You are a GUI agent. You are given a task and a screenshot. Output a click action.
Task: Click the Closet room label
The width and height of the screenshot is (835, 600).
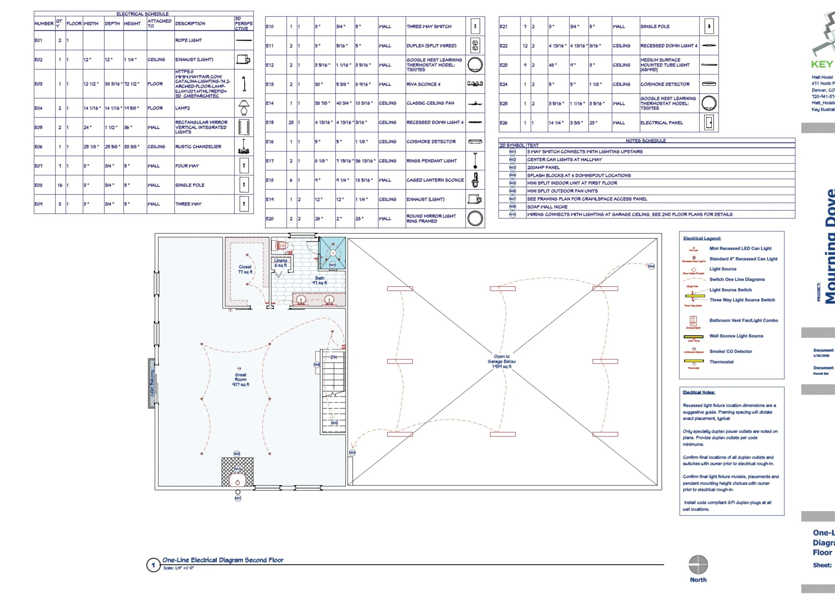pyautogui.click(x=245, y=269)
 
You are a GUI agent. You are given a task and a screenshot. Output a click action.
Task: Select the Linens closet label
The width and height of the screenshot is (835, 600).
pyautogui.click(x=281, y=263)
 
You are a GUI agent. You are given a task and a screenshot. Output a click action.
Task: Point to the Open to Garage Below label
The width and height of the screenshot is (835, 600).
pyautogui.click(x=502, y=362)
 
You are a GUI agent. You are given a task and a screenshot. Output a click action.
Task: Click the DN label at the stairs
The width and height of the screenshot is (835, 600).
pyautogui.click(x=334, y=357)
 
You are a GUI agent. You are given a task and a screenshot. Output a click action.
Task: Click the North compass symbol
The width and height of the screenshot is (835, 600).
pyautogui.click(x=698, y=565)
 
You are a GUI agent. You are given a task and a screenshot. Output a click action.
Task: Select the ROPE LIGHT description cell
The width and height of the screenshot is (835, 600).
pyautogui.click(x=188, y=40)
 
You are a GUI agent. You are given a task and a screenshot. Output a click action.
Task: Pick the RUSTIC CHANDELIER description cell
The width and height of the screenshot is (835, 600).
pyautogui.click(x=198, y=147)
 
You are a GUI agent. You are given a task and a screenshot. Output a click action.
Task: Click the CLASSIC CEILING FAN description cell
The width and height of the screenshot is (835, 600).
pyautogui.click(x=430, y=103)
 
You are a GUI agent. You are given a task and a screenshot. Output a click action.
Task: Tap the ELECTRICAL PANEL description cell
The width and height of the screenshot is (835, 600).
pyautogui.click(x=661, y=123)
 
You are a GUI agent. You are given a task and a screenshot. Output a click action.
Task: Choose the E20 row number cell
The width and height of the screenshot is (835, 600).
pyautogui.click(x=270, y=219)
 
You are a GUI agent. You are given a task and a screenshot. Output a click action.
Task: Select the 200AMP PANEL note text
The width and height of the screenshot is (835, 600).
pyautogui.click(x=543, y=168)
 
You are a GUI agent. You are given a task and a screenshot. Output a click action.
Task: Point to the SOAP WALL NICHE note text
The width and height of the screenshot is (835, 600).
pyautogui.click(x=547, y=207)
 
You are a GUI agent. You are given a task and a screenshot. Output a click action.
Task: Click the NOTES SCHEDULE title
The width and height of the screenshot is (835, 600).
pyautogui.click(x=645, y=141)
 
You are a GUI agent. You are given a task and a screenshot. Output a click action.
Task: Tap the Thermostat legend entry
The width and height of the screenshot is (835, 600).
pyautogui.click(x=721, y=362)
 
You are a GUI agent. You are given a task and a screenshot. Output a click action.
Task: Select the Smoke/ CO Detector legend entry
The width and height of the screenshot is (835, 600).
pyautogui.click(x=730, y=352)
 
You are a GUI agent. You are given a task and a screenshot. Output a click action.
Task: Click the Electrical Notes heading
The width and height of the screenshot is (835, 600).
pyautogui.click(x=699, y=392)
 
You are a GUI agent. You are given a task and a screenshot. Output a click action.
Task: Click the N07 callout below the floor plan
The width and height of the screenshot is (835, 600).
pyautogui.click(x=238, y=498)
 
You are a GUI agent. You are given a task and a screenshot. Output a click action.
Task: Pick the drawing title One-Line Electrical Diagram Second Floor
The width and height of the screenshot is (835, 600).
pyautogui.click(x=223, y=560)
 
